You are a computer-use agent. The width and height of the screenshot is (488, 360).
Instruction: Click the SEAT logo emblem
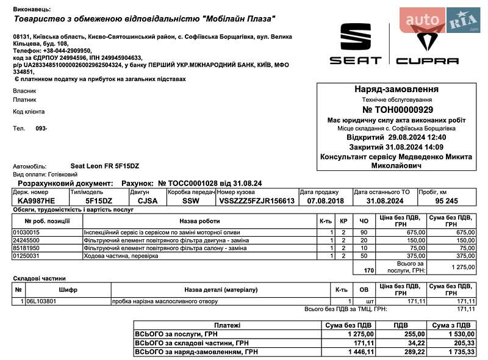[356, 38]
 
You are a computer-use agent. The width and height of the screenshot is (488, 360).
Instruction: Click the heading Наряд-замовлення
[396, 89]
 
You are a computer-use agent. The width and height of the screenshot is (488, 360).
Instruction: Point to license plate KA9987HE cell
[36, 201]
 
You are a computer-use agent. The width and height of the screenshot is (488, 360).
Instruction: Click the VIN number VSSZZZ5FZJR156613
[257, 201]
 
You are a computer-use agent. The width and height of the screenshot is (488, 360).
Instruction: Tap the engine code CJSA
[147, 201]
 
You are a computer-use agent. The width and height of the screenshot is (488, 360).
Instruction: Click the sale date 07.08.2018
[325, 201]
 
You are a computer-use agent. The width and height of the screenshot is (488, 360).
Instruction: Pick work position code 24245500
[26, 240]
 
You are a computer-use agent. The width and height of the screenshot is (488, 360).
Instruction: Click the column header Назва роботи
[199, 221]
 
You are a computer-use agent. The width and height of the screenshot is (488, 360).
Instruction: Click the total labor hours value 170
[368, 269]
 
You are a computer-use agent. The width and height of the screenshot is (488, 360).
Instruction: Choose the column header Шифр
[68, 290]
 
